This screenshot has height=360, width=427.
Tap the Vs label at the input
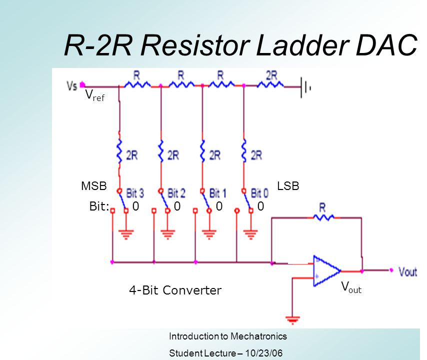click(71, 85)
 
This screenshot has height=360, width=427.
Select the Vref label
click(94, 95)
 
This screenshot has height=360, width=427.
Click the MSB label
click(94, 186)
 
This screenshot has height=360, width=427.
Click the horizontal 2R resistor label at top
click(272, 75)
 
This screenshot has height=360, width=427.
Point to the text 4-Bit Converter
click(175, 290)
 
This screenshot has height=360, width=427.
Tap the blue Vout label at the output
click(407, 271)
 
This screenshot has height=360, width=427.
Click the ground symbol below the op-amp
click(291, 318)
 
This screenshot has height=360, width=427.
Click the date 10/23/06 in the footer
click(264, 353)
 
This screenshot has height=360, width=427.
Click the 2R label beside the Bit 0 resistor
click(256, 155)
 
